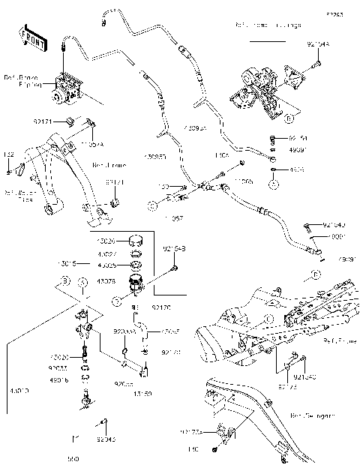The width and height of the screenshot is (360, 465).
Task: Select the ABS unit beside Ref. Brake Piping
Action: (x=67, y=88)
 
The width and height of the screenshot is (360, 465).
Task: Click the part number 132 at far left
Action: (x=9, y=154)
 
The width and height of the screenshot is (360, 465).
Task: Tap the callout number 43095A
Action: (x=194, y=129)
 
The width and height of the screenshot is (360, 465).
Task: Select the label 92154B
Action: (x=173, y=248)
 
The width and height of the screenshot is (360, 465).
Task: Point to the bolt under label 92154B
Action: (x=173, y=265)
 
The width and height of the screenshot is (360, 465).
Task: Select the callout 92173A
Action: (x=190, y=431)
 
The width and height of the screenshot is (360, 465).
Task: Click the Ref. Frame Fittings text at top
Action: (x=268, y=25)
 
